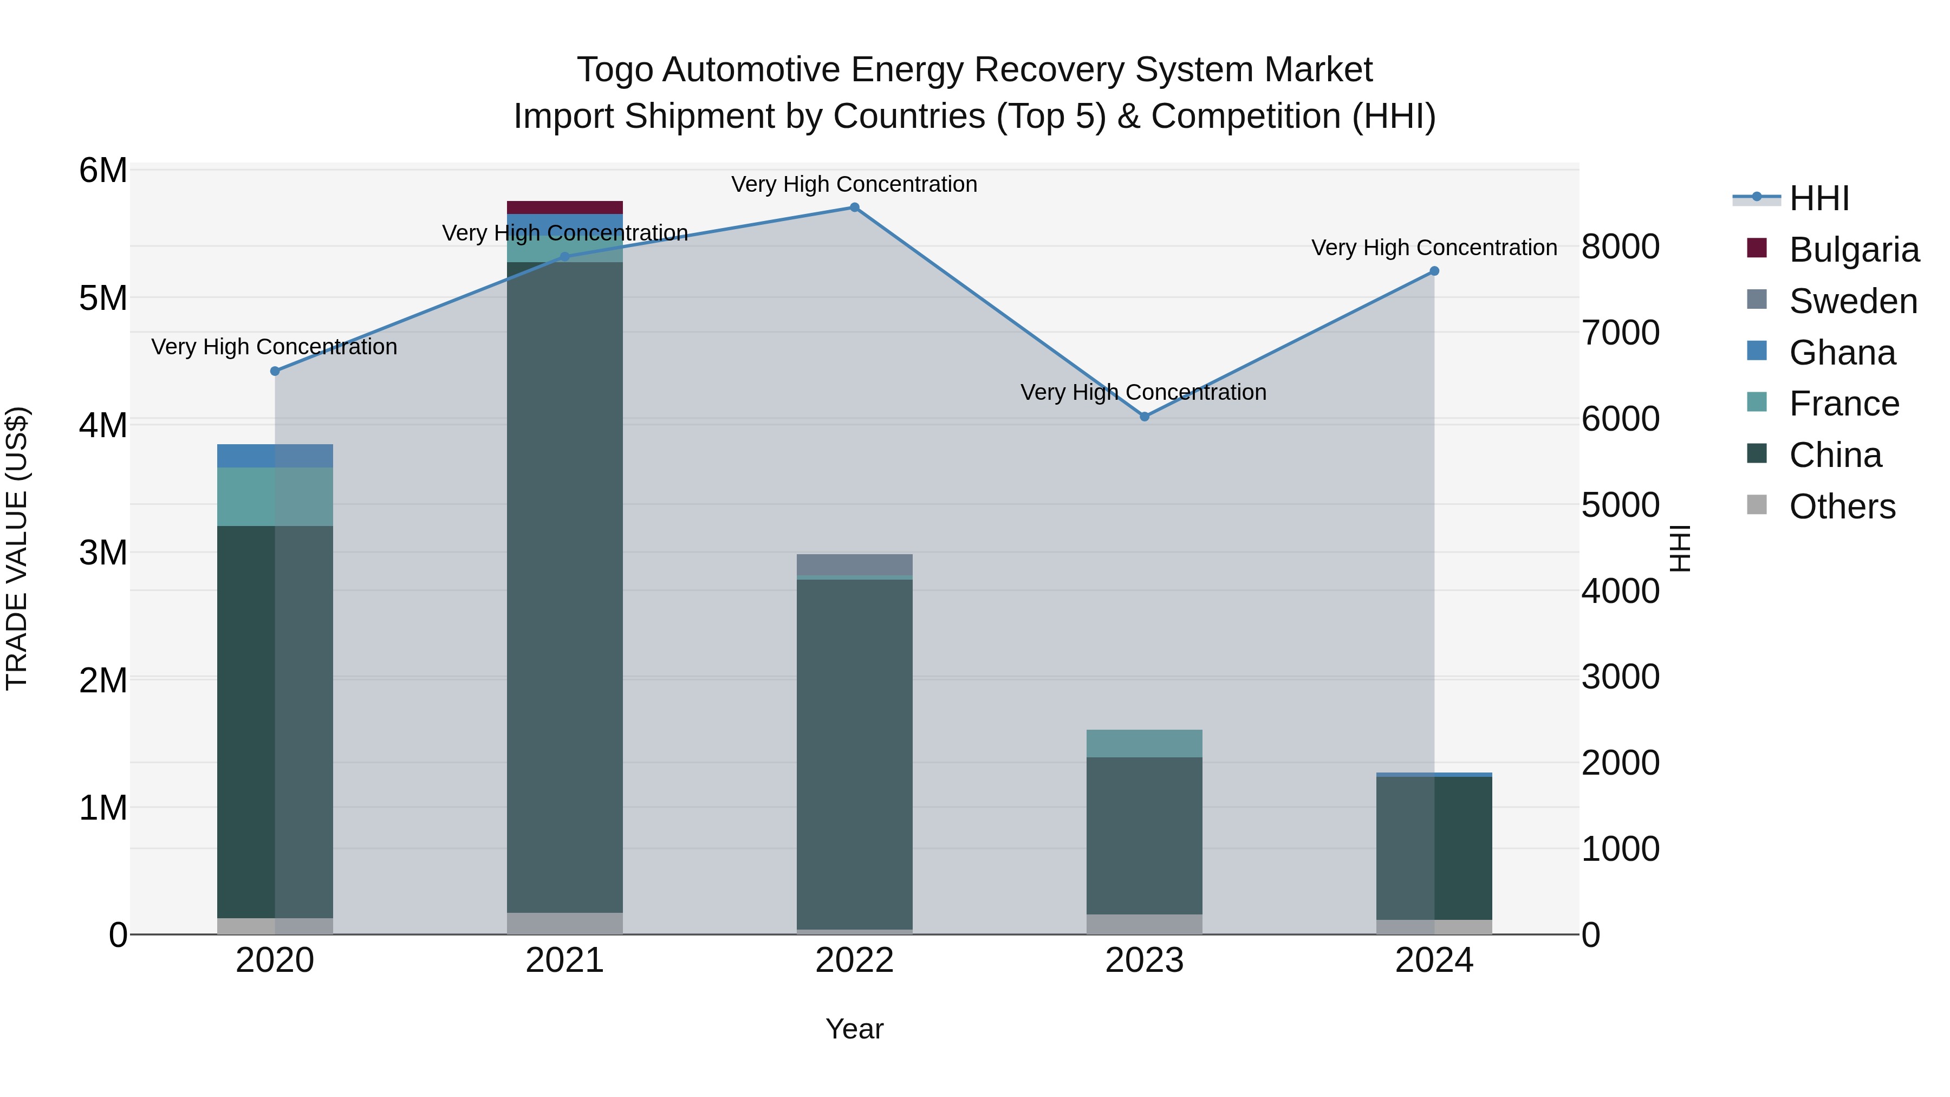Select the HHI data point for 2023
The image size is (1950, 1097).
pyautogui.click(x=1144, y=417)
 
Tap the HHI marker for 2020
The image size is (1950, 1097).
pyautogui.click(x=275, y=371)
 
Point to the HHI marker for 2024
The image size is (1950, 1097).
pyautogui.click(x=1434, y=271)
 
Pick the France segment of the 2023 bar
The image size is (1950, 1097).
pyautogui.click(x=1144, y=743)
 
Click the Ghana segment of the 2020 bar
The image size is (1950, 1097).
pyautogui.click(x=275, y=455)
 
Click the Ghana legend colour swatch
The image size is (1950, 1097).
pyautogui.click(x=1756, y=351)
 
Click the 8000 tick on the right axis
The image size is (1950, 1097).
pyautogui.click(x=1620, y=247)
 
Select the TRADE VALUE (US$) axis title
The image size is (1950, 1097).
pyautogui.click(x=17, y=548)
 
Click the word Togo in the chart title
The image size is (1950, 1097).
pyautogui.click(x=615, y=70)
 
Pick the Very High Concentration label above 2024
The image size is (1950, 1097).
pyautogui.click(x=1434, y=248)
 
